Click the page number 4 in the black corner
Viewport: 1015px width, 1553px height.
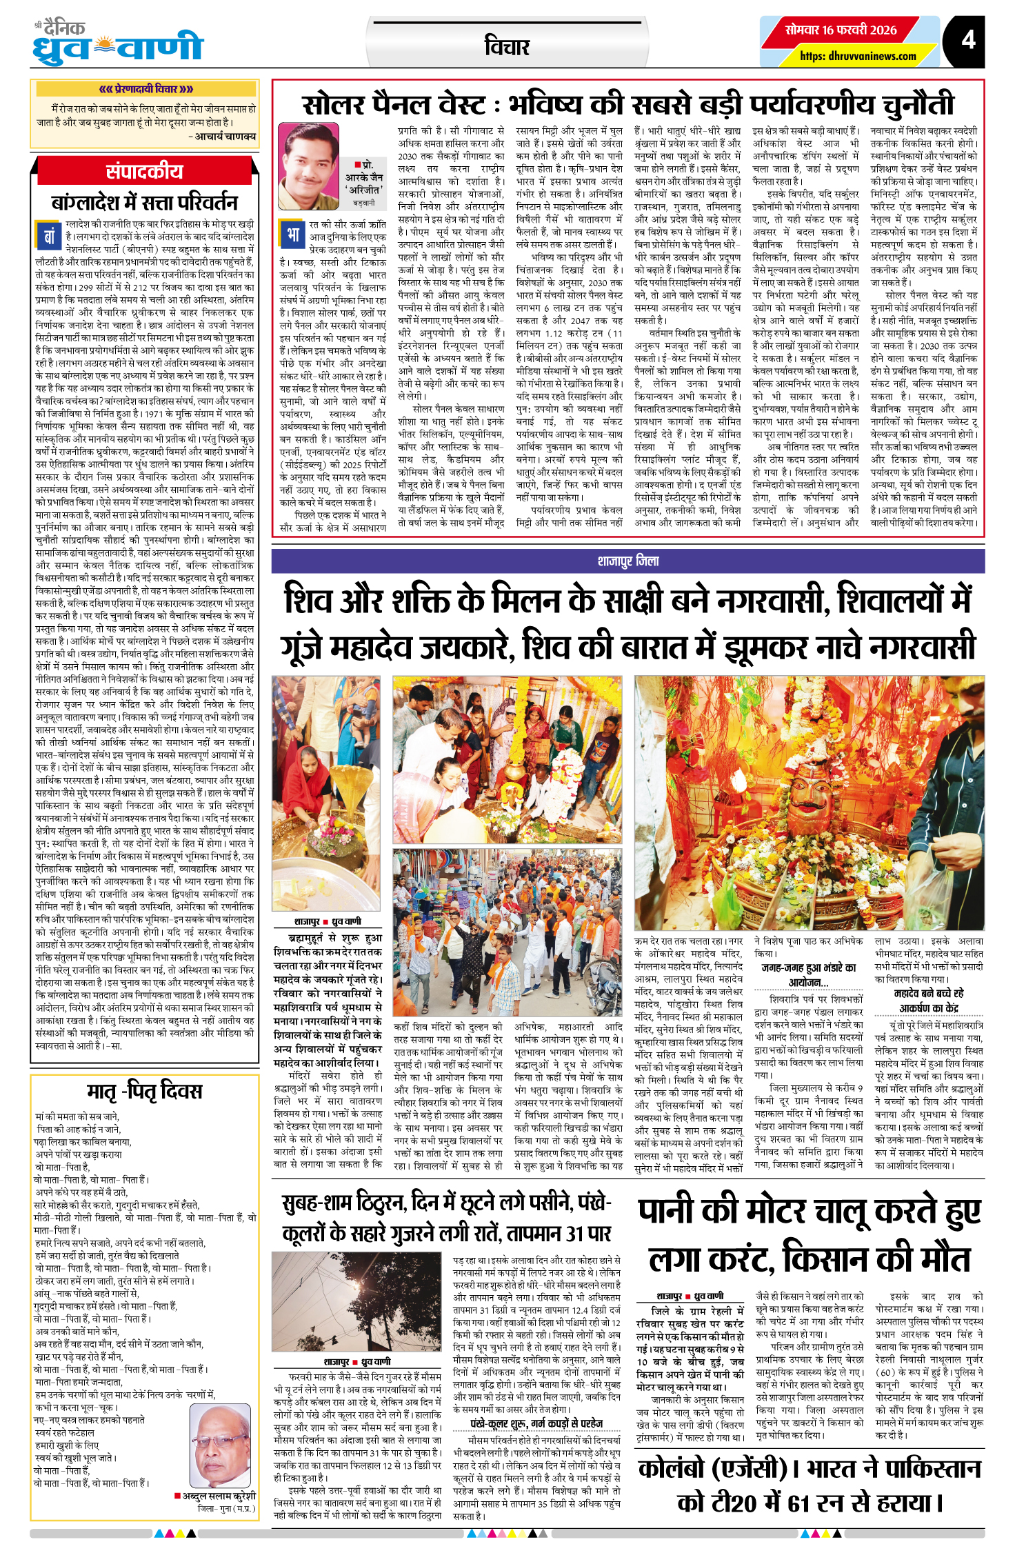click(x=968, y=39)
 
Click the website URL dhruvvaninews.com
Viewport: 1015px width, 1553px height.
click(x=858, y=56)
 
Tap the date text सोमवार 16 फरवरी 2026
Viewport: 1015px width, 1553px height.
click(x=841, y=30)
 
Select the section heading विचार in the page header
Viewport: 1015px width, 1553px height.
click(x=507, y=47)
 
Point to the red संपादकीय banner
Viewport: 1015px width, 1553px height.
click(x=144, y=171)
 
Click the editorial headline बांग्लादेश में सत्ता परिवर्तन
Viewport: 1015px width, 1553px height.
click(x=144, y=203)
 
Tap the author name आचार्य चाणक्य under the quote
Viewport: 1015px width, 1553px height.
click(x=225, y=137)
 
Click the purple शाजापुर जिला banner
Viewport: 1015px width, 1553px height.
click(x=627, y=561)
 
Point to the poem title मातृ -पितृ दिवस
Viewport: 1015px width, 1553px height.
click(x=144, y=1091)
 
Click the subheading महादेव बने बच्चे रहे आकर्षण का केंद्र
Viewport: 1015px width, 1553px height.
click(x=928, y=1001)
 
